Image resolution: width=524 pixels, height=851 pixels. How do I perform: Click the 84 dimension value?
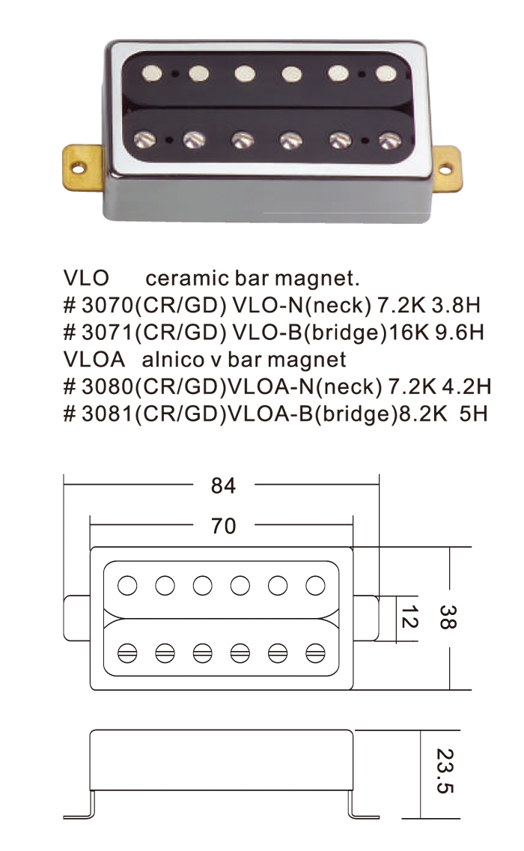pos(223,486)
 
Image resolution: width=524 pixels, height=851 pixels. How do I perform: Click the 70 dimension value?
pos(223,527)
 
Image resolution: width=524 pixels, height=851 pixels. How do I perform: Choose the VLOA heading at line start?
pos(92,360)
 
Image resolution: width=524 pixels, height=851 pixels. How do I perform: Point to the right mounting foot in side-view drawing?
pos(364,814)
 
